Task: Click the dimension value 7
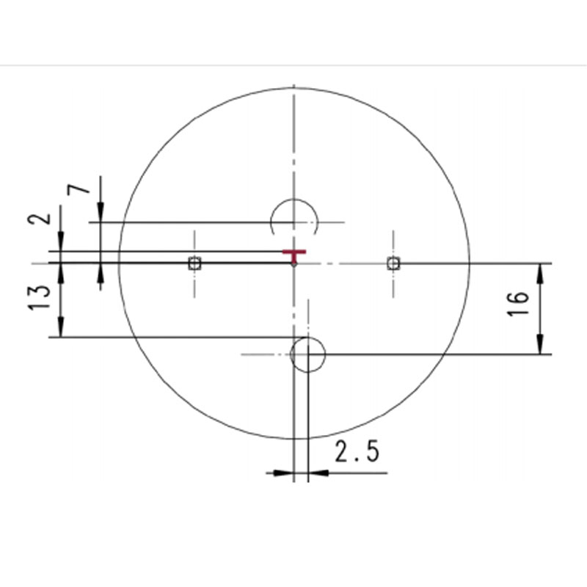(x=80, y=189)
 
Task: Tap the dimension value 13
(x=43, y=297)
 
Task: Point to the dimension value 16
(x=517, y=303)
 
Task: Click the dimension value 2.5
(x=357, y=453)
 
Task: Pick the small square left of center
(x=194, y=263)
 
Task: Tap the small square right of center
(x=393, y=263)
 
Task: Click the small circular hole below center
(x=307, y=354)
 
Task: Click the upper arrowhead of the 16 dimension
(x=541, y=271)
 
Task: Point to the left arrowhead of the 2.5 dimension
(x=283, y=473)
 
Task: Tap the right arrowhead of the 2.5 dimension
(x=317, y=473)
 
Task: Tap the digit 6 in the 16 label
(x=517, y=297)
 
